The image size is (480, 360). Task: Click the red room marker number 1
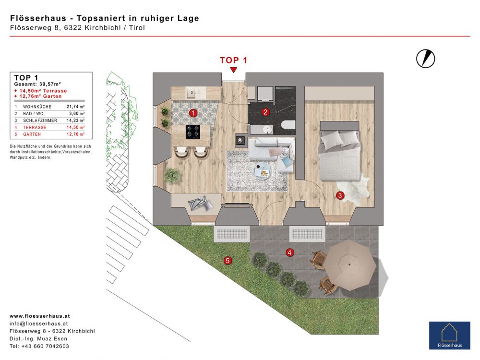pyautogui.click(x=193, y=113)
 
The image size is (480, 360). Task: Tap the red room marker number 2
pyautogui.click(x=265, y=112)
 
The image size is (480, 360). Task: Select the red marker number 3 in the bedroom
pyautogui.click(x=340, y=195)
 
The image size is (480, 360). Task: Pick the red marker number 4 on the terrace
pyautogui.click(x=289, y=252)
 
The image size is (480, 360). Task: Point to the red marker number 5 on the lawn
pyautogui.click(x=228, y=261)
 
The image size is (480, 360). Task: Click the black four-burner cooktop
pyautogui.click(x=193, y=132)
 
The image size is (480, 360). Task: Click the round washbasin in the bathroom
pyautogui.click(x=268, y=130)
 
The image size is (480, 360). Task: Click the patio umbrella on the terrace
pyautogui.click(x=350, y=265)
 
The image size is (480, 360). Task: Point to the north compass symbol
pyautogui.click(x=425, y=59)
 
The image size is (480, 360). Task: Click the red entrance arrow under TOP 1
pyautogui.click(x=234, y=70)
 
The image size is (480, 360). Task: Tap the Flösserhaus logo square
pyautogui.click(x=449, y=336)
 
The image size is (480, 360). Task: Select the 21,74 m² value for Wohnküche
pyautogui.click(x=76, y=107)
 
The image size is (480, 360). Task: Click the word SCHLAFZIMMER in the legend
pyautogui.click(x=40, y=120)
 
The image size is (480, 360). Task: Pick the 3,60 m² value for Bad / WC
pyautogui.click(x=77, y=114)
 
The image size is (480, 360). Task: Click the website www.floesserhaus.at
pyautogui.click(x=40, y=316)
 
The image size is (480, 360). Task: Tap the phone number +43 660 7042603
pyautogui.click(x=45, y=346)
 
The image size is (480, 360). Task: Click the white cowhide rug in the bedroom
pyautogui.click(x=354, y=190)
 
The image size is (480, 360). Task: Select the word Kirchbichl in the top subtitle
pyautogui.click(x=103, y=27)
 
